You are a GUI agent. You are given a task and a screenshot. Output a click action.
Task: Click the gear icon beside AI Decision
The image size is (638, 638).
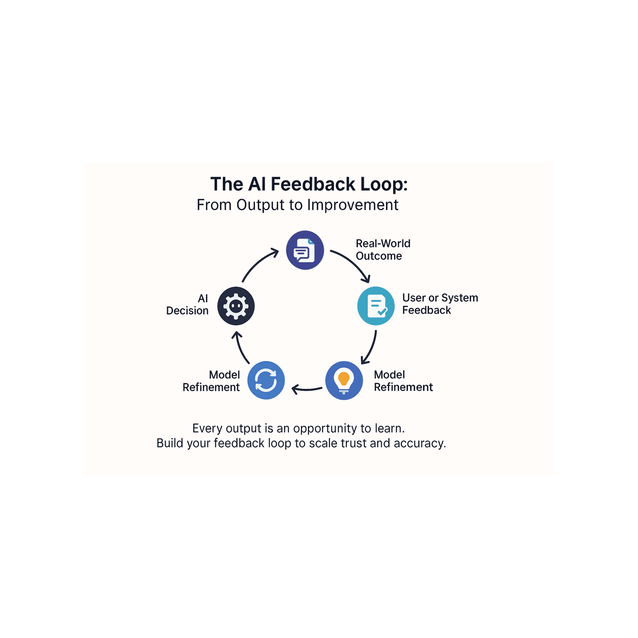pyautogui.click(x=236, y=306)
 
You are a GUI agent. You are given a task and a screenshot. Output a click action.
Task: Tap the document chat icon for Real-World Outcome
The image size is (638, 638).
pyautogui.click(x=305, y=250)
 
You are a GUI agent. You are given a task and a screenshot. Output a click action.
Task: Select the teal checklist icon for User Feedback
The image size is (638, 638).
pyautogui.click(x=376, y=306)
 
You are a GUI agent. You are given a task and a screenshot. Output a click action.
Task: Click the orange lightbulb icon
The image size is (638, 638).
pyautogui.click(x=344, y=381)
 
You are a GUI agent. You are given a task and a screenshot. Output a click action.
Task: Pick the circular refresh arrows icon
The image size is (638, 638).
pyautogui.click(x=266, y=381)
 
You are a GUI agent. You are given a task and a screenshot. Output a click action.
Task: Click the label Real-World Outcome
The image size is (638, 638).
pyautogui.click(x=383, y=250)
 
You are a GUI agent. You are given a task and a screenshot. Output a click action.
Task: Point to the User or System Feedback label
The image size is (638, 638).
pyautogui.click(x=440, y=304)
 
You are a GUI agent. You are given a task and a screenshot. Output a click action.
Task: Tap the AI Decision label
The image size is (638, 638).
pyautogui.click(x=188, y=304)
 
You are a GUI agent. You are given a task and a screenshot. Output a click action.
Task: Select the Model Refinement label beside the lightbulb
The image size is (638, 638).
pyautogui.click(x=403, y=381)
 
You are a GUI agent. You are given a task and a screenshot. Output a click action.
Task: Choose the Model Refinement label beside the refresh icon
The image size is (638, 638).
pyautogui.click(x=211, y=381)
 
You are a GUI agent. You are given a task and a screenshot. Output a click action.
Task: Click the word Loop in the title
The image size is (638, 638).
pyautogui.click(x=384, y=184)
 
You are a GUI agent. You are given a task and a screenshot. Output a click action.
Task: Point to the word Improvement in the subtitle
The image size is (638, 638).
pyautogui.click(x=353, y=205)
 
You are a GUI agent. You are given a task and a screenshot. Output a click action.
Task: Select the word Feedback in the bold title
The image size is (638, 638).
pyautogui.click(x=313, y=184)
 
